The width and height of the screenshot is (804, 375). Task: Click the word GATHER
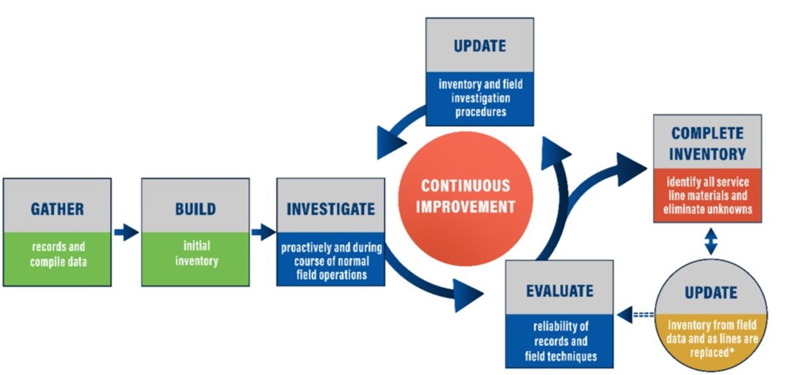click(57, 207)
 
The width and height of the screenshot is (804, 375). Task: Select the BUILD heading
click(195, 207)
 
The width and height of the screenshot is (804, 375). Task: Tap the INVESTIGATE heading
click(330, 207)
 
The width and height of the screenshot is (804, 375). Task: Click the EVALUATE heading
click(560, 291)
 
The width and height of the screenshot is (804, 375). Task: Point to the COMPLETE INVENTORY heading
click(707, 143)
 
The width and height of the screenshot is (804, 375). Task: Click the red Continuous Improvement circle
click(465, 196)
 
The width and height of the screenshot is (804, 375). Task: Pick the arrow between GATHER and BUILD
click(126, 232)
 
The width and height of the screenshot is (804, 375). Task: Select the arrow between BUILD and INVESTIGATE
click(262, 232)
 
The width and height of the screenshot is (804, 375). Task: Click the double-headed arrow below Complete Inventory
click(709, 242)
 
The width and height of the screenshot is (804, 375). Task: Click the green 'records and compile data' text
click(57, 254)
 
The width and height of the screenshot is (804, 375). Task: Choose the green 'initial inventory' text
click(195, 253)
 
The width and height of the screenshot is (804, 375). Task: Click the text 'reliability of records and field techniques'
click(560, 337)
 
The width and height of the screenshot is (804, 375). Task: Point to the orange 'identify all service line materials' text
click(707, 197)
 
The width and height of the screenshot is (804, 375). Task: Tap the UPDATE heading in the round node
click(710, 292)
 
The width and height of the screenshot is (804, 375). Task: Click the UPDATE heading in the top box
click(478, 45)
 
